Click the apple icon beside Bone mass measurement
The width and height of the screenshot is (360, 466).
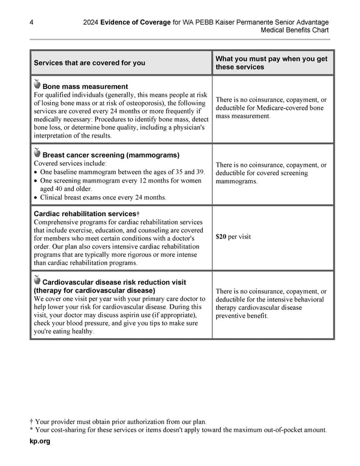pyautogui.click(x=37, y=85)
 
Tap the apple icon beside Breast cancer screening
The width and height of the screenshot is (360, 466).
pyautogui.click(x=37, y=153)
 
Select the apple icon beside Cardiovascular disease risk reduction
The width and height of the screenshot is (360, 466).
pyautogui.click(x=37, y=280)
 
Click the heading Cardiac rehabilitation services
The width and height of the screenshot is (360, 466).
pyautogui.click(x=85, y=214)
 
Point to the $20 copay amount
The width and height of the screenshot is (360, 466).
pyautogui.click(x=221, y=237)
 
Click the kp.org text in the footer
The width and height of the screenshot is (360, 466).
pyautogui.click(x=40, y=441)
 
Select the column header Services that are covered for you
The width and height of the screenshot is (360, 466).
pyautogui.click(x=89, y=62)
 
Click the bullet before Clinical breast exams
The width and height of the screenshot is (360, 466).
pyautogui.click(x=36, y=198)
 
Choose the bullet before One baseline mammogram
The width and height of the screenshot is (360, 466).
pyautogui.click(x=36, y=172)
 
